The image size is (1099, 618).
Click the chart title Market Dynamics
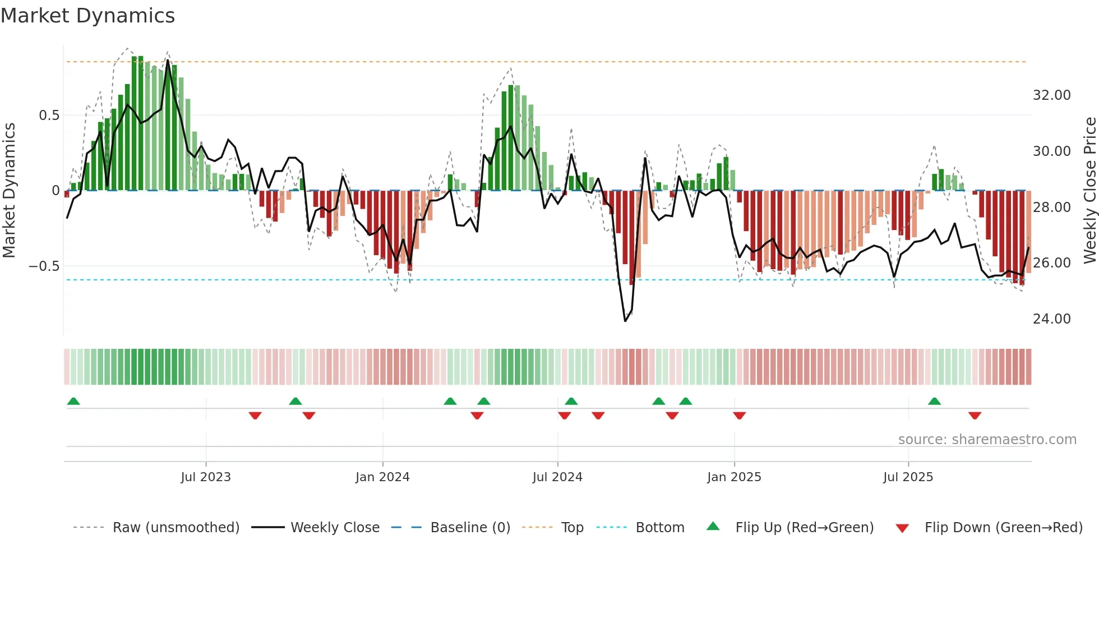pyautogui.click(x=88, y=16)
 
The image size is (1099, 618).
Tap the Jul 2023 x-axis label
pyautogui.click(x=206, y=477)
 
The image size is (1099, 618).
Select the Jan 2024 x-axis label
pyautogui.click(x=382, y=477)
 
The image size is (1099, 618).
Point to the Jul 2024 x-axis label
pyautogui.click(x=557, y=477)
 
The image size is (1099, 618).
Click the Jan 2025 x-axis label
pyautogui.click(x=734, y=477)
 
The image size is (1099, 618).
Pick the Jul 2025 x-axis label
pyautogui.click(x=908, y=477)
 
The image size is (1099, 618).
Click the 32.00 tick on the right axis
pyautogui.click(x=1051, y=95)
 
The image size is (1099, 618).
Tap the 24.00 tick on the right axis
pyautogui.click(x=1051, y=319)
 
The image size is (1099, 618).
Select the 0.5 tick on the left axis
pyautogui.click(x=49, y=116)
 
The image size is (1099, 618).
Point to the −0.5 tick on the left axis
pyautogui.click(x=44, y=266)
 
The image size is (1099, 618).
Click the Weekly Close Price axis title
pyautogui.click(x=1089, y=191)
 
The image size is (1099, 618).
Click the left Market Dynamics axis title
pyautogui.click(x=9, y=191)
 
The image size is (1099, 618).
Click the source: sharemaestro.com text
pyautogui.click(x=987, y=440)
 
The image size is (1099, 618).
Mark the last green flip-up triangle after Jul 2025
pyautogui.click(x=934, y=402)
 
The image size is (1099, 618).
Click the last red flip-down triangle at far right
pyautogui.click(x=975, y=416)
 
